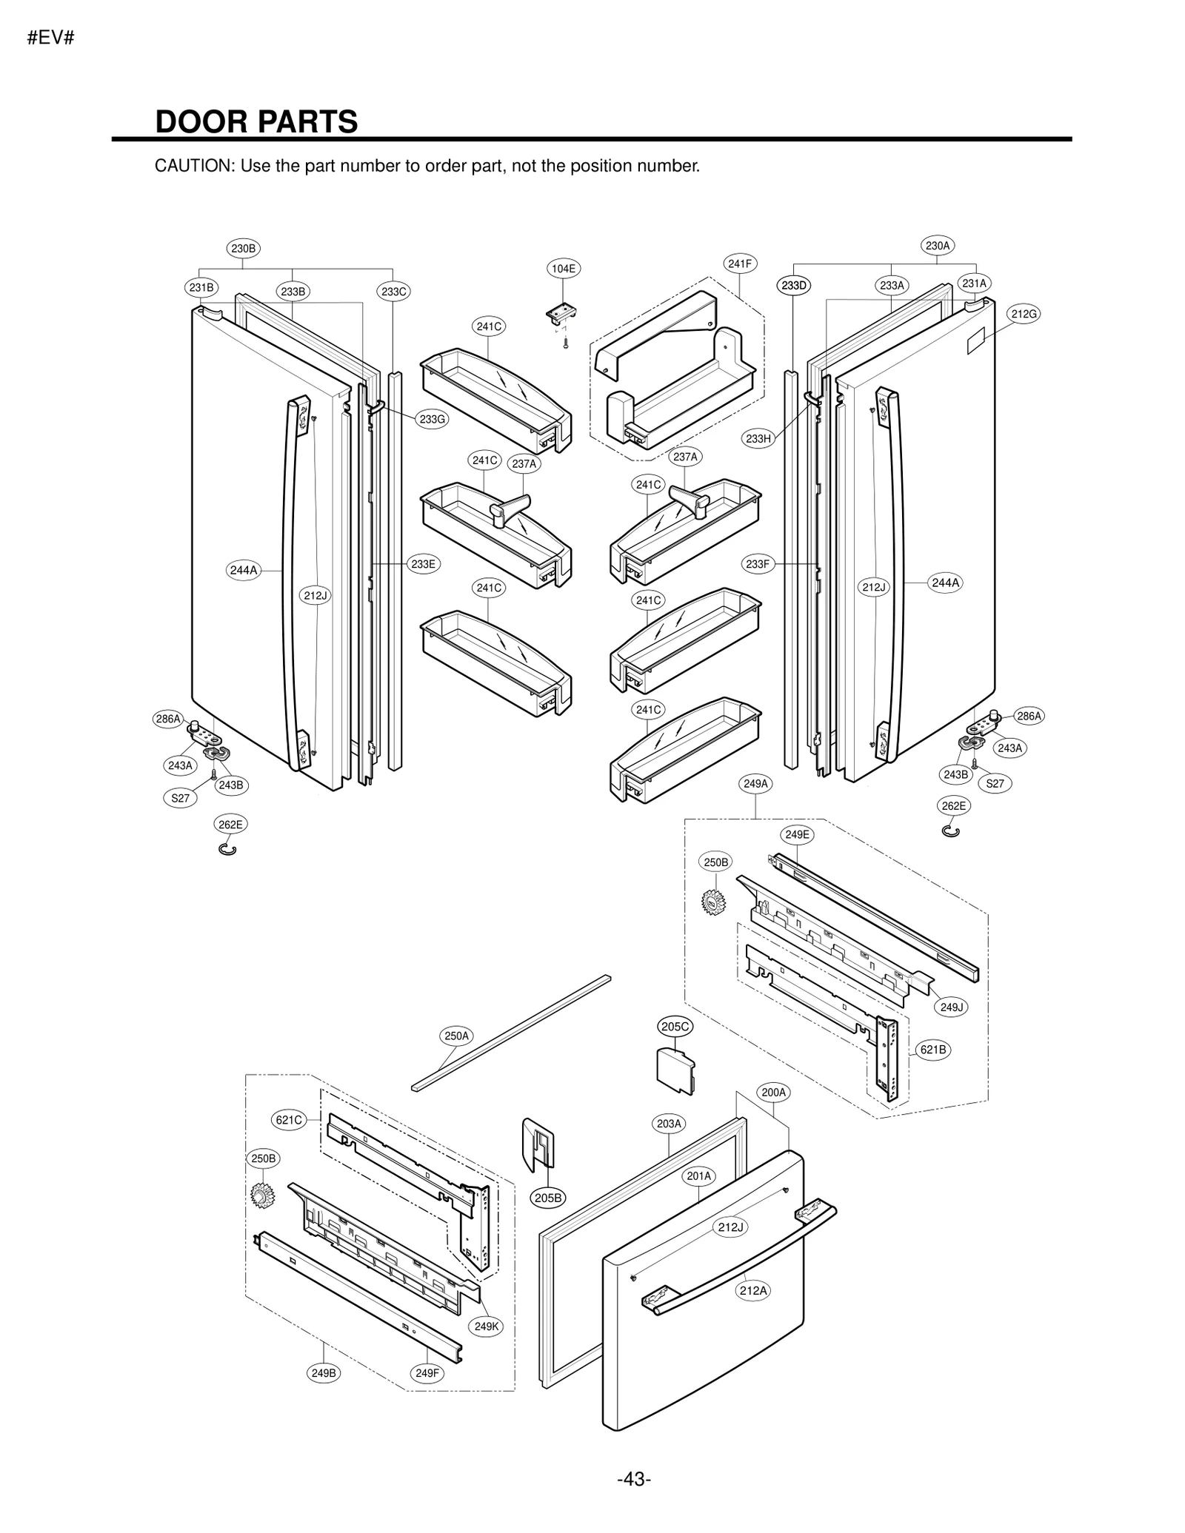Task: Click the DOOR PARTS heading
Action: pos(256,122)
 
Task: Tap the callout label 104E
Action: pos(563,269)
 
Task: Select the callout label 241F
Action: pos(739,264)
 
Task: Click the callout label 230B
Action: pos(243,249)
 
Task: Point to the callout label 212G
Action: pos(1024,314)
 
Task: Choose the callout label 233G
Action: pos(432,420)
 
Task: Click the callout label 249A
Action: pos(755,783)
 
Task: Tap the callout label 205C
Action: pos(675,1027)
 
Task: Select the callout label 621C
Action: pos(289,1120)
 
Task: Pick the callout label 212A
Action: pos(753,1291)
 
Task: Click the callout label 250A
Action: pos(456,1036)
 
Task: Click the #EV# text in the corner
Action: pos(50,38)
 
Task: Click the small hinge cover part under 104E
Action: pos(562,314)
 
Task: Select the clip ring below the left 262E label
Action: pos(228,849)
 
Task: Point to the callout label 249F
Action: pos(427,1373)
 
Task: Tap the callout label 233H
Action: pos(758,439)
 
